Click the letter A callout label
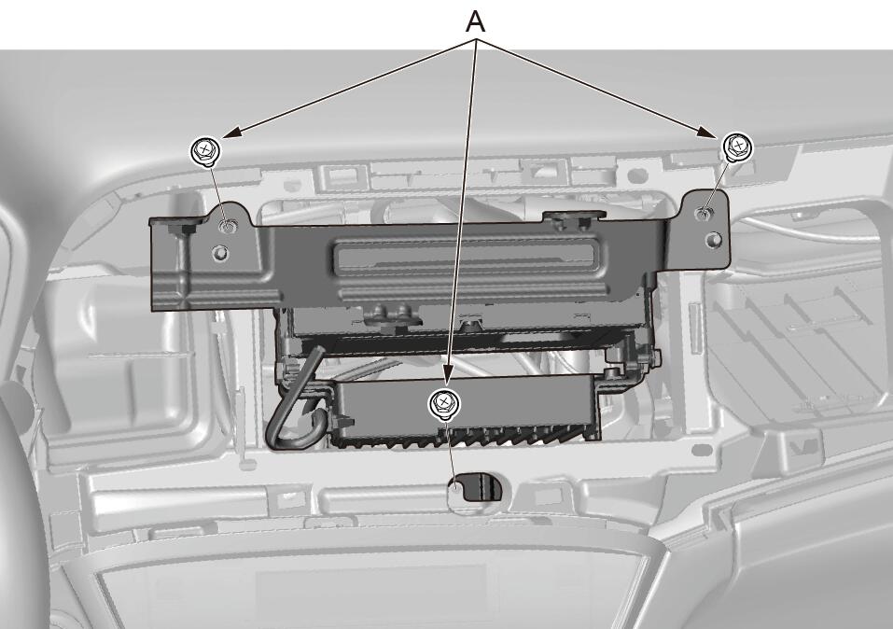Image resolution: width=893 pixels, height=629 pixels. pyautogui.click(x=475, y=21)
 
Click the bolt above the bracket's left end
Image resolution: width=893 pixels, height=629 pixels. pyautogui.click(x=203, y=151)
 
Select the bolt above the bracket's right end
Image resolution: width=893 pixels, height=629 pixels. pyautogui.click(x=738, y=147)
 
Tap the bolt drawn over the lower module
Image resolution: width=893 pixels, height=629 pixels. pyautogui.click(x=444, y=404)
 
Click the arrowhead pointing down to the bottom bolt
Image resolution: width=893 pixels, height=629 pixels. pyautogui.click(x=448, y=374)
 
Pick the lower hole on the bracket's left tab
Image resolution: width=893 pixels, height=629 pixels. pyautogui.click(x=220, y=252)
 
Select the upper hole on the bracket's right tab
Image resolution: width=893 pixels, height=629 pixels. pyautogui.click(x=704, y=213)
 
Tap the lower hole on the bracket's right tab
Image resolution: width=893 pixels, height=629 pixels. pyautogui.click(x=713, y=240)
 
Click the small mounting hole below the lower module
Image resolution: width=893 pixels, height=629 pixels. pyautogui.click(x=456, y=486)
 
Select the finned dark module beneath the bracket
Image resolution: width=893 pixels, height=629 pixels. pyautogui.click(x=467, y=409)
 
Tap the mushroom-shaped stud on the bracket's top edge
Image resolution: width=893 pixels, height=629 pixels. pyautogui.click(x=574, y=217)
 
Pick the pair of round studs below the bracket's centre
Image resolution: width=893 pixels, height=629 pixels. pyautogui.click(x=390, y=314)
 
